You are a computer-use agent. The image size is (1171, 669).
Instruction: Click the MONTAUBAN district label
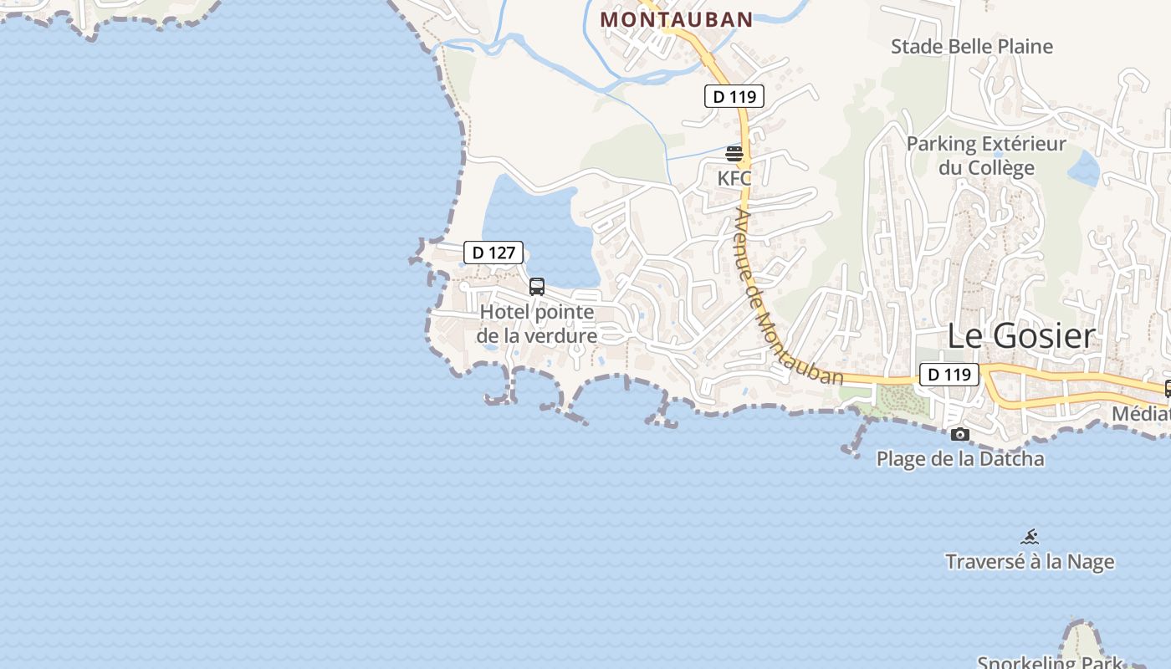(677, 18)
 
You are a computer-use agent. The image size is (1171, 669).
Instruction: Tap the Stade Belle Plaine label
(971, 46)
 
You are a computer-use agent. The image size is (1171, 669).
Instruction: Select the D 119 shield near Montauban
(734, 96)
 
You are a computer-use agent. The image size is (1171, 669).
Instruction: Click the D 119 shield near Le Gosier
(949, 374)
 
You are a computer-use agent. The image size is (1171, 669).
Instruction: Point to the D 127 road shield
(493, 252)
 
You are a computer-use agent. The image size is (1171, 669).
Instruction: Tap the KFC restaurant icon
(734, 154)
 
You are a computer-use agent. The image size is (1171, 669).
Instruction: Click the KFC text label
(734, 178)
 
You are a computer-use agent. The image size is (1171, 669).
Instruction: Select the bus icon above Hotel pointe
(537, 287)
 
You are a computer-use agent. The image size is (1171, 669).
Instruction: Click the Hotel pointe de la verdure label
(537, 324)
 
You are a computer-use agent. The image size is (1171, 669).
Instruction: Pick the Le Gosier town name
(1020, 336)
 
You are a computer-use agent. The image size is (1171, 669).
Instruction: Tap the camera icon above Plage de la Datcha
(960, 434)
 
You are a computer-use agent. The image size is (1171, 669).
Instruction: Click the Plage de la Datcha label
(960, 458)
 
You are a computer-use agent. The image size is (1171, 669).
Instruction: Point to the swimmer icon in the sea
(1030, 536)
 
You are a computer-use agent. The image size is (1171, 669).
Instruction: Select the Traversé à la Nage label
(1030, 561)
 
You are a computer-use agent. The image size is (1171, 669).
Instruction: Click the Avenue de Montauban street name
(786, 297)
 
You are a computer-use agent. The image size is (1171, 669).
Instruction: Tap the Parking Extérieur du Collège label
(987, 156)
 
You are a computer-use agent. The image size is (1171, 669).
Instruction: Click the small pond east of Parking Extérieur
(1084, 170)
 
